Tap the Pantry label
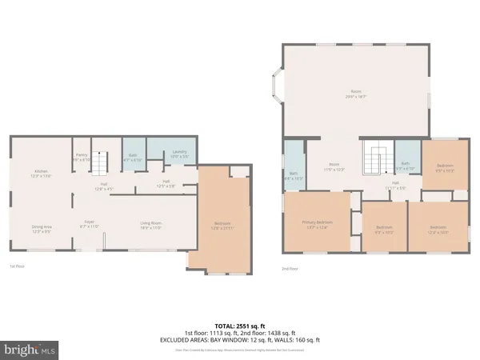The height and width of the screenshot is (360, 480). pos(82,158)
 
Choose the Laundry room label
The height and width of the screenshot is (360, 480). pos(179,154)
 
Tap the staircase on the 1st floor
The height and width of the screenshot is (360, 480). pos(98,164)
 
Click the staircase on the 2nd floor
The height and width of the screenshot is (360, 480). pos(374,158)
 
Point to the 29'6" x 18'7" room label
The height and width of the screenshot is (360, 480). pos(355,94)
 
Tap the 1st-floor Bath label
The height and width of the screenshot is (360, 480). pos(134,158)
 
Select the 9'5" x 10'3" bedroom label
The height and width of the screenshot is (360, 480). pos(444,168)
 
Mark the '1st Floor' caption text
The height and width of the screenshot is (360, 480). pos(17,266)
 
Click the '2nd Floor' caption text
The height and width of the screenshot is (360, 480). pos(290,269)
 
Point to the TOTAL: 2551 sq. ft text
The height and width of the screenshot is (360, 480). pos(239,326)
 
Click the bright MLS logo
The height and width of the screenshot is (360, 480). pos(29,349)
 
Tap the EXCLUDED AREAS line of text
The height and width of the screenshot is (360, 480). pos(239,340)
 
